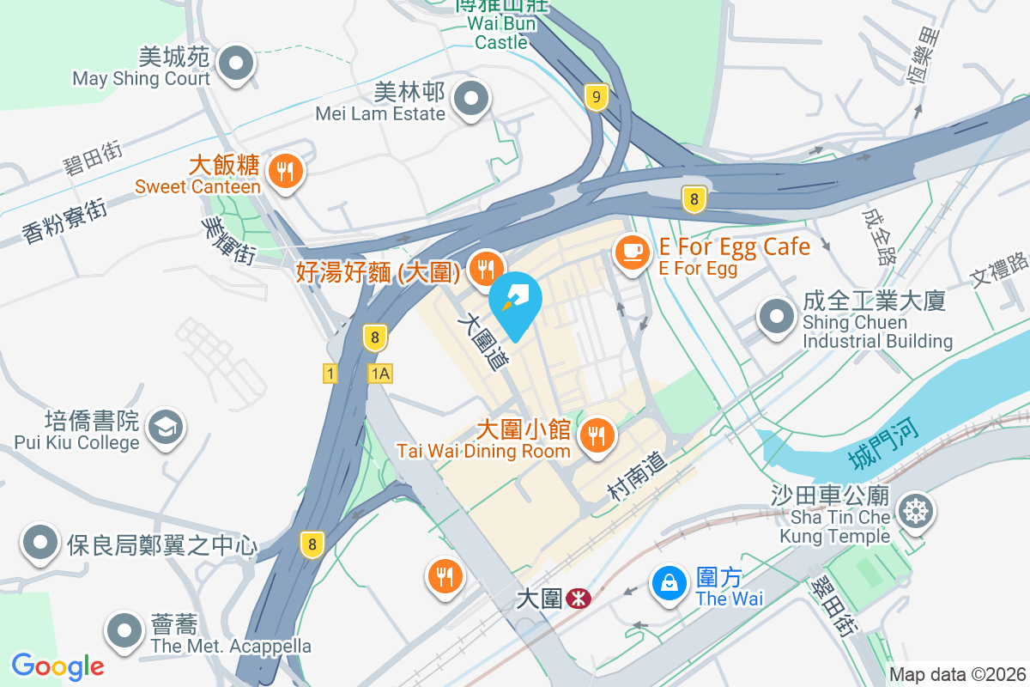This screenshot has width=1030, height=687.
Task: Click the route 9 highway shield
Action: (x=596, y=97)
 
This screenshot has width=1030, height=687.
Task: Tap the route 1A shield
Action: (x=380, y=373)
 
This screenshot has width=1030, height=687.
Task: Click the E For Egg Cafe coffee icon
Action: (x=633, y=251)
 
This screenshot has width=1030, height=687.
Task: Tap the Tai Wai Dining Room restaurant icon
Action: (x=595, y=436)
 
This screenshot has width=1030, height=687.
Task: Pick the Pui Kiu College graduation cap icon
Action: (x=163, y=427)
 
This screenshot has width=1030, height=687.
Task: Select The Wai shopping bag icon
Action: (x=669, y=584)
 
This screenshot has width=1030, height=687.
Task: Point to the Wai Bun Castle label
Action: (x=501, y=33)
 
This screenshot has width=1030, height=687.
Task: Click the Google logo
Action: (x=58, y=666)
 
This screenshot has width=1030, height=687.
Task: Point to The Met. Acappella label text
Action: (x=230, y=646)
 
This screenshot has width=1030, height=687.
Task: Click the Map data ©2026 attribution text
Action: (x=957, y=674)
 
